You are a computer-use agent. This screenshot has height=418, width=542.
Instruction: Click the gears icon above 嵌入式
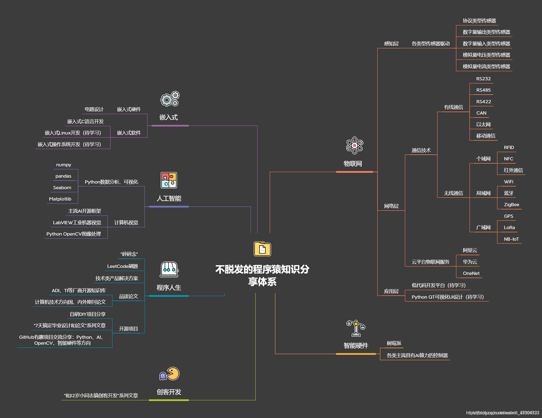(170, 99)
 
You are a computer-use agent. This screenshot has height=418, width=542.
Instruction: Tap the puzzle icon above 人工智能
(169, 180)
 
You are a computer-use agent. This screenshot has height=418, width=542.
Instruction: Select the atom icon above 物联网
(355, 145)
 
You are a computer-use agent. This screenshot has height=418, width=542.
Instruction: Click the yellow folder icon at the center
(262, 249)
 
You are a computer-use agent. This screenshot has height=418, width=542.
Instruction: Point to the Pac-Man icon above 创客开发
(170, 374)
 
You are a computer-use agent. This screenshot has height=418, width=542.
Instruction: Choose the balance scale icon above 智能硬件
(356, 328)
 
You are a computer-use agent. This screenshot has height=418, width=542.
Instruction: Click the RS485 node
(483, 90)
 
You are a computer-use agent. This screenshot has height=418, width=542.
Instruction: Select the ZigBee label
(511, 205)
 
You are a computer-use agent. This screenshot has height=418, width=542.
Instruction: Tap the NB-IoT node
(511, 239)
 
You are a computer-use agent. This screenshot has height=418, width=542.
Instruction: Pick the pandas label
(63, 176)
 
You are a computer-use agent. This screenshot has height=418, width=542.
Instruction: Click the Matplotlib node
(60, 199)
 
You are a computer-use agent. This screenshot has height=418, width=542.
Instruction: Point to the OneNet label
(471, 273)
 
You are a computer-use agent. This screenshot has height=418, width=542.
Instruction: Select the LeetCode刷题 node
(123, 266)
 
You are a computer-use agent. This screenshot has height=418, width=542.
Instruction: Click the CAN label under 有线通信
(481, 113)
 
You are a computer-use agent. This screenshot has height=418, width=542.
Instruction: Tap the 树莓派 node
(394, 343)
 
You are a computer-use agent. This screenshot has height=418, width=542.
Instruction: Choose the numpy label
(64, 165)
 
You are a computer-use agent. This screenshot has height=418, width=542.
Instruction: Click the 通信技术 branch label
(421, 150)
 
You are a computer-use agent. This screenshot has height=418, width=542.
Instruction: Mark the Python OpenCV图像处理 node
(74, 234)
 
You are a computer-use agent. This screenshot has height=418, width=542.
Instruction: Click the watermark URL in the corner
(502, 413)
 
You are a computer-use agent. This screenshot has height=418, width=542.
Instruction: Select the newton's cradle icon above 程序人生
(169, 269)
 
